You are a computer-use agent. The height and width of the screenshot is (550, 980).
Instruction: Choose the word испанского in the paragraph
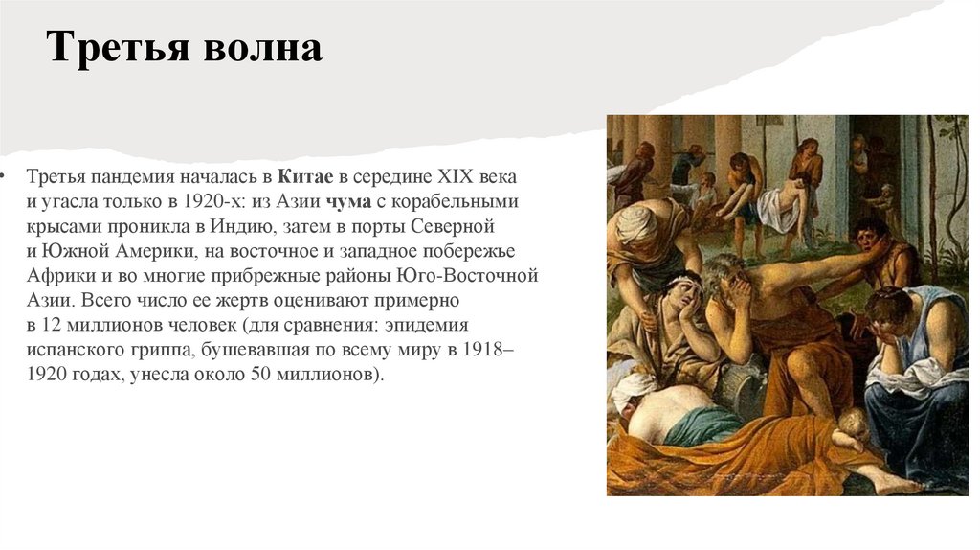pyautogui.click(x=69, y=350)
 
